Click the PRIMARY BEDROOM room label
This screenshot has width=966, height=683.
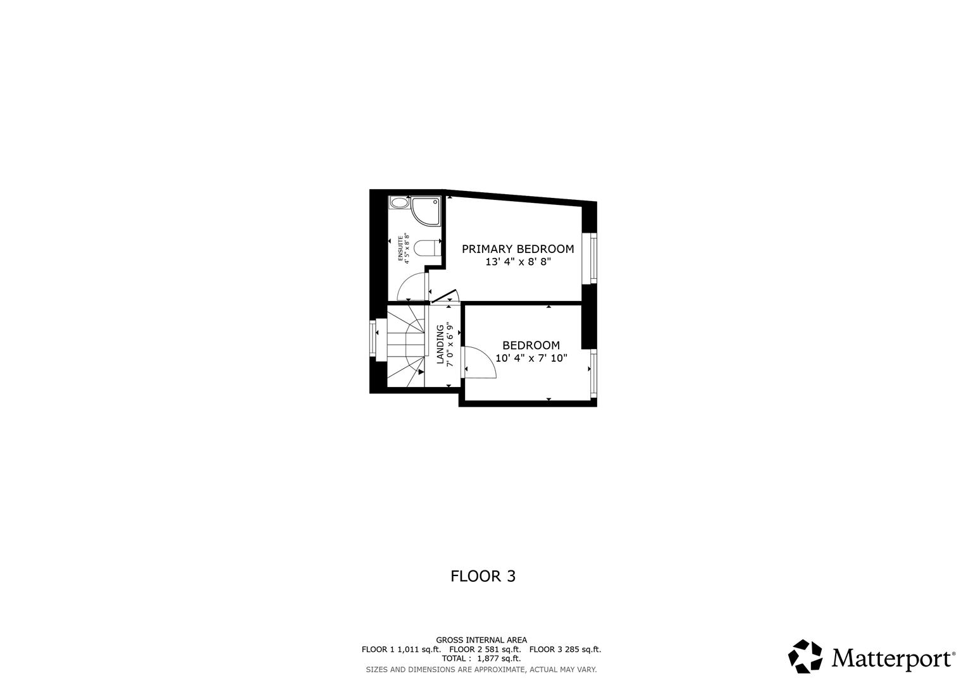pyautogui.click(x=517, y=249)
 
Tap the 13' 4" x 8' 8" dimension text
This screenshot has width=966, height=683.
pyautogui.click(x=518, y=262)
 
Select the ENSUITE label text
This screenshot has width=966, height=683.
pyautogui.click(x=400, y=249)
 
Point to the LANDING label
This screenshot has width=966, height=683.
pyautogui.click(x=440, y=345)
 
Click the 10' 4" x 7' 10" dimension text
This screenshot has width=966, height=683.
pyautogui.click(x=531, y=358)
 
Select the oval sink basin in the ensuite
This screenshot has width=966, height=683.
pyautogui.click(x=400, y=203)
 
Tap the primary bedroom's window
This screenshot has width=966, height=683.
pyautogui.click(x=593, y=258)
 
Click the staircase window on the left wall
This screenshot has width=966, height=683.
pyautogui.click(x=373, y=339)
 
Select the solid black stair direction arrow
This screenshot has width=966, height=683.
pyautogui.click(x=421, y=372)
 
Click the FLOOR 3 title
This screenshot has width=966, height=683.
pyautogui.click(x=483, y=576)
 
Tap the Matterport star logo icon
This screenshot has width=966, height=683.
pyautogui.click(x=805, y=656)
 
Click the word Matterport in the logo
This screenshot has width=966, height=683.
pyautogui.click(x=892, y=658)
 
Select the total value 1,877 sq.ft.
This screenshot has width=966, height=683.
pyautogui.click(x=498, y=658)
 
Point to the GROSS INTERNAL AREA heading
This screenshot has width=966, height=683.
pyautogui.click(x=481, y=640)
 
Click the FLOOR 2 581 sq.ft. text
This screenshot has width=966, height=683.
pyautogui.click(x=485, y=649)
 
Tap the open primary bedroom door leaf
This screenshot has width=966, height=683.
pyautogui.click(x=444, y=297)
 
